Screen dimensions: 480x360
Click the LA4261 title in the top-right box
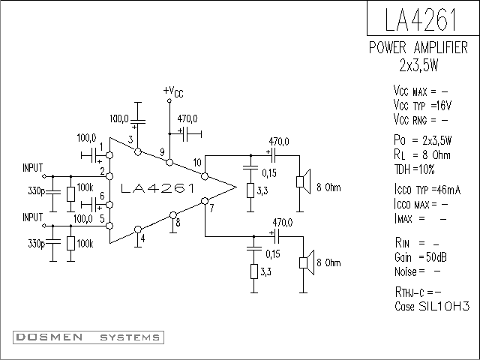[x=421, y=20]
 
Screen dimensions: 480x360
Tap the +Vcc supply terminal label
[x=173, y=91]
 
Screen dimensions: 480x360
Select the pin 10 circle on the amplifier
[x=205, y=176]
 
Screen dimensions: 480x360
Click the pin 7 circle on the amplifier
[x=205, y=201]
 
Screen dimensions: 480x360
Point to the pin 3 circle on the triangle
[x=138, y=151]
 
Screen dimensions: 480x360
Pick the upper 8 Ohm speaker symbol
[x=303, y=181]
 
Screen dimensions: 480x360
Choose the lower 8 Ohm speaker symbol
[x=307, y=262]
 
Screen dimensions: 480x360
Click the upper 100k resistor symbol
[x=70, y=194]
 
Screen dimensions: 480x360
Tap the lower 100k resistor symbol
[x=70, y=244]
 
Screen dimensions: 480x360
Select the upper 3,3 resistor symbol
[x=250, y=190]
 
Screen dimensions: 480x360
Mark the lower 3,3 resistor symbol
[x=254, y=271]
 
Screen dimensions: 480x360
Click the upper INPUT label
[x=33, y=168]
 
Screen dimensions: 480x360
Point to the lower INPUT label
[x=33, y=217]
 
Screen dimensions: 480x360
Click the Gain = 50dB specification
[x=421, y=257]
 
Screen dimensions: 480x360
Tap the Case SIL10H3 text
[x=432, y=306]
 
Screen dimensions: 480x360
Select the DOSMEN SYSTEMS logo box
[x=88, y=337]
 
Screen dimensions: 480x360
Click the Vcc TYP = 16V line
[x=422, y=106]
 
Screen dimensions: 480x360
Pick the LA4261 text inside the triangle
[x=157, y=188]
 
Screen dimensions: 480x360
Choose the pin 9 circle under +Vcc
[x=169, y=162]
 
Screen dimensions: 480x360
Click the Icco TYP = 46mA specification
[x=427, y=190]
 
